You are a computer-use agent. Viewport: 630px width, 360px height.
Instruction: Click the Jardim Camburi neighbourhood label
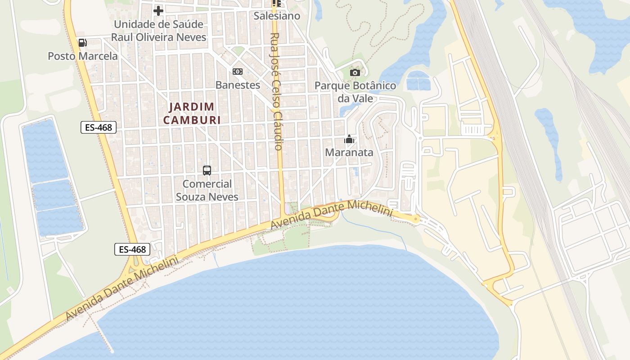pyautogui.click(x=192, y=113)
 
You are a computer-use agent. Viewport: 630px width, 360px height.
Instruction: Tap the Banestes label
pyautogui.click(x=238, y=85)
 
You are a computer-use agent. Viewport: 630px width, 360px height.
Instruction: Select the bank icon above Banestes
pyautogui.click(x=237, y=72)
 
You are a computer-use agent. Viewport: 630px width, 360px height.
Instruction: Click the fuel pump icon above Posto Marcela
pyautogui.click(x=82, y=43)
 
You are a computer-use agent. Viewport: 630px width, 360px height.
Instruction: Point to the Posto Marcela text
pyautogui.click(x=83, y=56)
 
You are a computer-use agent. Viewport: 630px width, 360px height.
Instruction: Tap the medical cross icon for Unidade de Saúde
pyautogui.click(x=158, y=10)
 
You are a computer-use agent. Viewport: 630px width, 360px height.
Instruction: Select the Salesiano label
pyautogui.click(x=277, y=16)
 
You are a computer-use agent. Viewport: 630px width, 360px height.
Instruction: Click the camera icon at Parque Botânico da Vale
pyautogui.click(x=355, y=72)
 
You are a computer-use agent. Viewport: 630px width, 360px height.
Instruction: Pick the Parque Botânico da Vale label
pyautogui.click(x=355, y=92)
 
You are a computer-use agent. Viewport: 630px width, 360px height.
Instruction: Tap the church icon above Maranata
pyautogui.click(x=349, y=139)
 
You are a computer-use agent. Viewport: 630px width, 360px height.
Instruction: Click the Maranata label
pyautogui.click(x=349, y=153)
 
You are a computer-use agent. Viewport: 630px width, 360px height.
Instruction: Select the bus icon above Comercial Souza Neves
pyautogui.click(x=207, y=171)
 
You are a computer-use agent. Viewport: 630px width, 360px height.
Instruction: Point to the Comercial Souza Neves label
pyautogui.click(x=207, y=190)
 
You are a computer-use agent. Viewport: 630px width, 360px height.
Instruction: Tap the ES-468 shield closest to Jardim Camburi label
pyautogui.click(x=99, y=127)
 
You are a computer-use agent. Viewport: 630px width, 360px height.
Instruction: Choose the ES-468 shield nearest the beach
pyautogui.click(x=132, y=249)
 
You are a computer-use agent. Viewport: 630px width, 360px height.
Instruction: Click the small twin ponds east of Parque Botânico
pyautogui.click(x=418, y=81)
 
